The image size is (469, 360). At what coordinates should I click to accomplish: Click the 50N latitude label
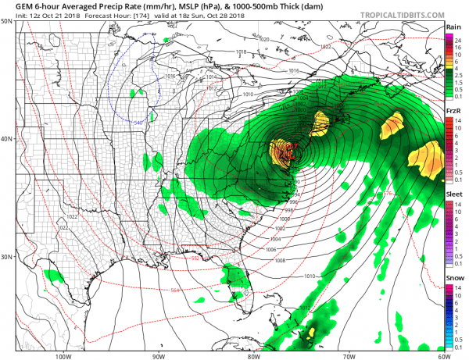click(7, 22)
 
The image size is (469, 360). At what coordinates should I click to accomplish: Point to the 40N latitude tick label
click(7, 139)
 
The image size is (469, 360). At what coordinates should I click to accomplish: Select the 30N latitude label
click(7, 256)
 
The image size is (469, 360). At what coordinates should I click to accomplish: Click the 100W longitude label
click(63, 355)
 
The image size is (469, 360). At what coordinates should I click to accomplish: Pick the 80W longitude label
click(253, 355)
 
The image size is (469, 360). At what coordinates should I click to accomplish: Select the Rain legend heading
click(453, 27)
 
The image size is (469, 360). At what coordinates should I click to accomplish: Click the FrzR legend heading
click(453, 111)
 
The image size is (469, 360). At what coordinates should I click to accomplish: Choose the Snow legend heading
click(453, 277)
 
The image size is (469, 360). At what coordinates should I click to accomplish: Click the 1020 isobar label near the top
click(263, 39)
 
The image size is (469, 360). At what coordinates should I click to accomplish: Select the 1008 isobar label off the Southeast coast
click(281, 260)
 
